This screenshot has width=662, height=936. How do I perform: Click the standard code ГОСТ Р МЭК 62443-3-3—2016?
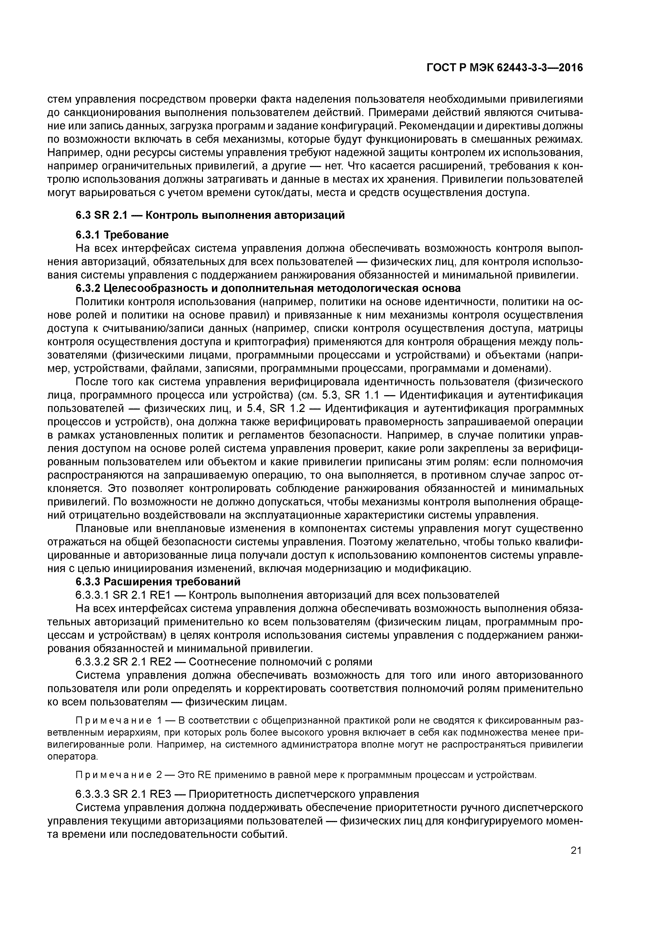pos(505,68)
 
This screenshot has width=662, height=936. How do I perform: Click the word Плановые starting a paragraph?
pos(101,529)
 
